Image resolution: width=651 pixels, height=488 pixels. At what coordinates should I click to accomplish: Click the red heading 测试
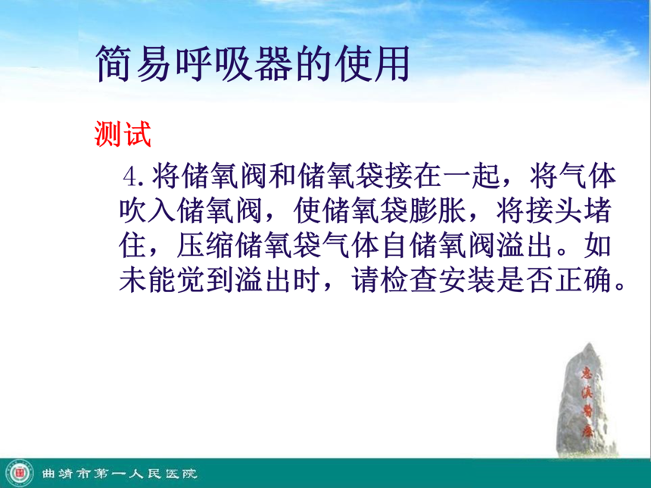(123, 134)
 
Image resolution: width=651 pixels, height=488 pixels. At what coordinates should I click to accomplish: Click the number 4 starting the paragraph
(130, 177)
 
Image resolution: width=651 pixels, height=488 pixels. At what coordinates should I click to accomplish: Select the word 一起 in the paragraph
(470, 176)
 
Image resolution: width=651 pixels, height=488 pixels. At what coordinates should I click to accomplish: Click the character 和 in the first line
(282, 176)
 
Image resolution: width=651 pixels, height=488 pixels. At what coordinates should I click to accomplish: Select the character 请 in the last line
(365, 280)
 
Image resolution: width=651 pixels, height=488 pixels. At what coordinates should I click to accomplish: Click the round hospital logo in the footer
(19, 473)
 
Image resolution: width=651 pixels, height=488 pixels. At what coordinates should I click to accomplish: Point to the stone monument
(585, 399)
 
